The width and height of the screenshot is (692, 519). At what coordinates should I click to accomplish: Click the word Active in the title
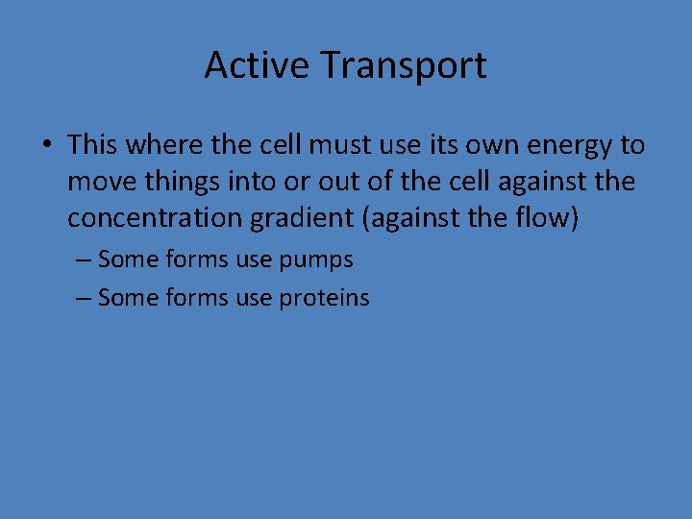(257, 65)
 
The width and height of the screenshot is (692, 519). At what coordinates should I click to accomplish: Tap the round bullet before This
(47, 146)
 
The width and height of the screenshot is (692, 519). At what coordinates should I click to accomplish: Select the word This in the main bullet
(92, 145)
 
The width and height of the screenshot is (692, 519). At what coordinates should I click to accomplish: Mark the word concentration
(155, 218)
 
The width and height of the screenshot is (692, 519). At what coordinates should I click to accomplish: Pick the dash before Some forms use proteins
(83, 298)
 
